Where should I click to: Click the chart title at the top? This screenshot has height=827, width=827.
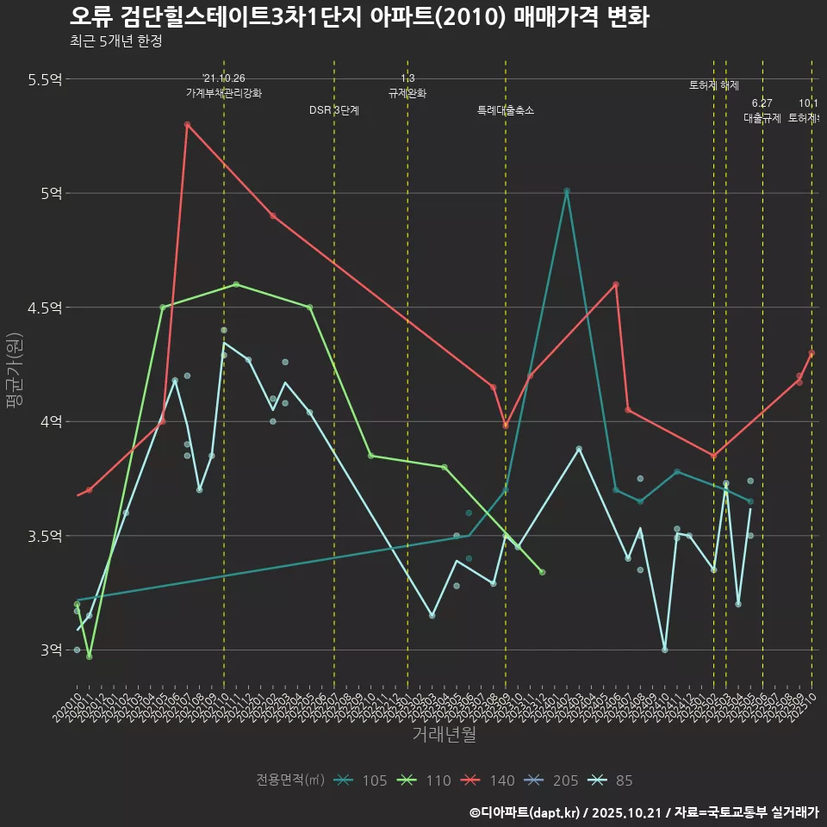358,16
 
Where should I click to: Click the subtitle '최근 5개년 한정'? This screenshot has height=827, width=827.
115,41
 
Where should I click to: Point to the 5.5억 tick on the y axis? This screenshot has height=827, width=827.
45,79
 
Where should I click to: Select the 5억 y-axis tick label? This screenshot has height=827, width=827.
51,193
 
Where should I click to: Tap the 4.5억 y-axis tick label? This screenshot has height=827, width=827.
45,308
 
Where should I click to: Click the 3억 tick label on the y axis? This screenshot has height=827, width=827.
51,650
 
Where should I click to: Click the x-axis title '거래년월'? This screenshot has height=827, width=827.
444,735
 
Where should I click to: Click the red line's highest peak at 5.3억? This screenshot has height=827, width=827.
187,125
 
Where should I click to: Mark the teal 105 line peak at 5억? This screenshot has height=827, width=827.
567,191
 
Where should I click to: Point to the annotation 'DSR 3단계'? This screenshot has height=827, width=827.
334,110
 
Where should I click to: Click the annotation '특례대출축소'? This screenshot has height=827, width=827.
506,110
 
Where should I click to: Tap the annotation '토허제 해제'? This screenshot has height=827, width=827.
714,85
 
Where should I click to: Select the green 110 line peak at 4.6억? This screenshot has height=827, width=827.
236,284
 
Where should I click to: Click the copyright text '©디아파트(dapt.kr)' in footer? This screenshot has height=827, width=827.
526,811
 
